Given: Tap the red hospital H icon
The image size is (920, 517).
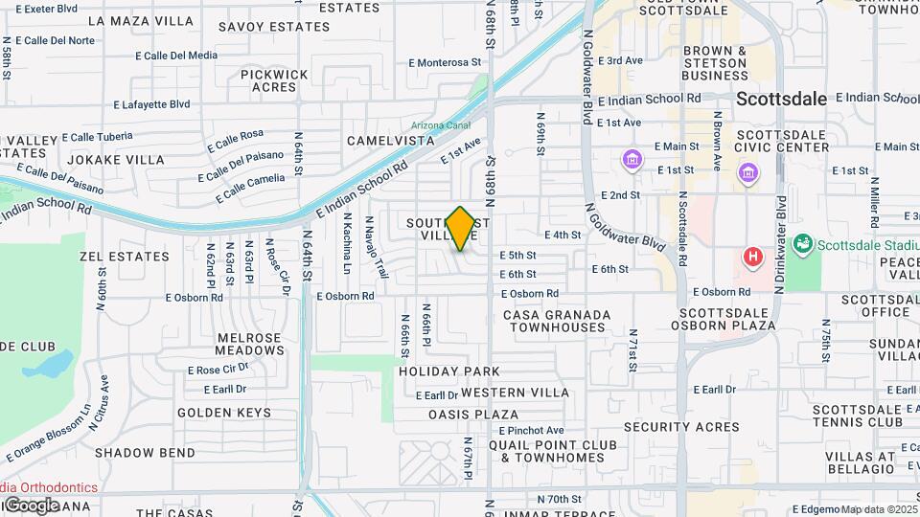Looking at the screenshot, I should tap(754, 257).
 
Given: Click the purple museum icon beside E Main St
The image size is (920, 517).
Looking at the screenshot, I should tap(631, 158).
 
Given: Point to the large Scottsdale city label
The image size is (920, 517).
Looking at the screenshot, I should tap(781, 99).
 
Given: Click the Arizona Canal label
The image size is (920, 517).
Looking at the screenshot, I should tap(440, 125).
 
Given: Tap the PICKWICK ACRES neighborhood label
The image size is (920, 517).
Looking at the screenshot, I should tap(274, 80).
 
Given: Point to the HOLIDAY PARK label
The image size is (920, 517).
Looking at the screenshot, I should tap(449, 371).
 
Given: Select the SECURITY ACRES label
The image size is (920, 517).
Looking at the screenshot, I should tap(670, 426).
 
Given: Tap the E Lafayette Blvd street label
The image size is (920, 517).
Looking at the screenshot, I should tap(151, 104).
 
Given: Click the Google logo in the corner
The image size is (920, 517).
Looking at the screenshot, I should tap(31, 505).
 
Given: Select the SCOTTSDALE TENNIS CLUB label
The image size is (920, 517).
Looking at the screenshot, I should tap(858, 415).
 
